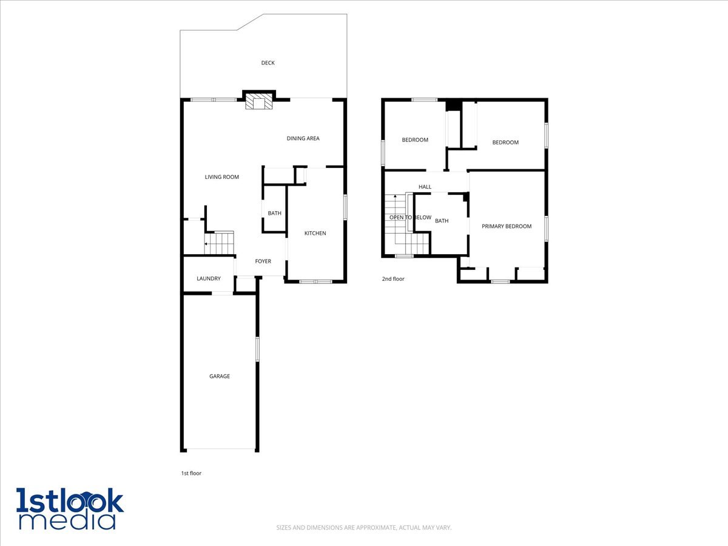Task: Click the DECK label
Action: pyautogui.click(x=268, y=62)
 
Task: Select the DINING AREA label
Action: pyautogui.click(x=303, y=138)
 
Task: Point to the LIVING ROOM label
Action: pyautogui.click(x=221, y=177)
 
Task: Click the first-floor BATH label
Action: pyautogui.click(x=274, y=213)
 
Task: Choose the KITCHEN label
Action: pyautogui.click(x=315, y=233)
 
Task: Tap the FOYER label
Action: pyautogui.click(x=263, y=261)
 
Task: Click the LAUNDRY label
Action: pyautogui.click(x=208, y=278)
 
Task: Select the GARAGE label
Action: pyautogui.click(x=220, y=376)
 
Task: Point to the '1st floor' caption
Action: pyautogui.click(x=191, y=473)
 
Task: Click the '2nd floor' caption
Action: pyautogui.click(x=393, y=279)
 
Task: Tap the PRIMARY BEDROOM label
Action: pyautogui.click(x=507, y=226)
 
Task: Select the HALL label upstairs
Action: pyautogui.click(x=425, y=187)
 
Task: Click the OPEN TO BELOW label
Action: pyautogui.click(x=410, y=217)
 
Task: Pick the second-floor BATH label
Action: pyautogui.click(x=442, y=221)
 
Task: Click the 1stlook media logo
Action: pyautogui.click(x=70, y=508)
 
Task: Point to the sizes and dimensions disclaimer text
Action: pyautogui.click(x=364, y=528)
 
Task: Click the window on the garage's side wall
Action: pyautogui.click(x=257, y=349)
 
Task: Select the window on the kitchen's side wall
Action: pyautogui.click(x=345, y=207)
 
